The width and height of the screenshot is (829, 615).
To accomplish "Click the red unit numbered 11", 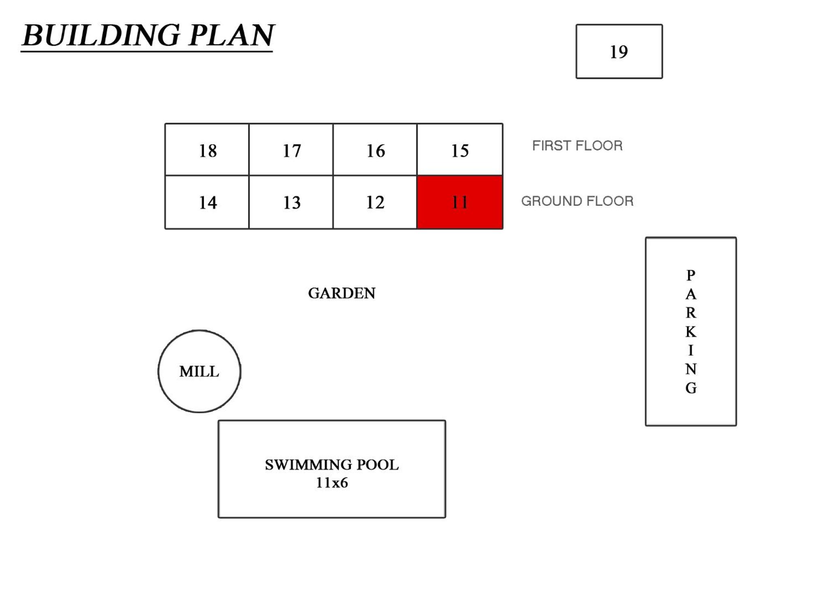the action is (x=460, y=202).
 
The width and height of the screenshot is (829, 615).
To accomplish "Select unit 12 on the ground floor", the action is (x=375, y=202).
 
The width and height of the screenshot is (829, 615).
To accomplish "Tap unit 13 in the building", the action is (x=291, y=202).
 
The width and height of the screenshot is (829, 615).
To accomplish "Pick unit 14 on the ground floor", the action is (x=207, y=202).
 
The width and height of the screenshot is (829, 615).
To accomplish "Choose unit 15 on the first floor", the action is (x=460, y=149).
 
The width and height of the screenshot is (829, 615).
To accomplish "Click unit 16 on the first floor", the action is (x=375, y=149).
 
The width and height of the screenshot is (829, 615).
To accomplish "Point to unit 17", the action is (x=291, y=149).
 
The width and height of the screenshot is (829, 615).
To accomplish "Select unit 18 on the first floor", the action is (x=207, y=149).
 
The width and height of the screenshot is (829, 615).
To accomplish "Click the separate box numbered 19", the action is (x=619, y=51).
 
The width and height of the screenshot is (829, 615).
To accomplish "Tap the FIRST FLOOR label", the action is (x=577, y=145).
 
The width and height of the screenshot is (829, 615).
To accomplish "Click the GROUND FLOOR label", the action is (x=577, y=201).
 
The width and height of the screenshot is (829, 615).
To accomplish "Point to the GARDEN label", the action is (x=342, y=293).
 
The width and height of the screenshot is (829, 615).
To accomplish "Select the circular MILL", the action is (x=199, y=371).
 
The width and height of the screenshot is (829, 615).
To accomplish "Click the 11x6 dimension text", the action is (x=332, y=483).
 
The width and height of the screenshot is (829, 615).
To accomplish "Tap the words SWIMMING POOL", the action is (x=332, y=464).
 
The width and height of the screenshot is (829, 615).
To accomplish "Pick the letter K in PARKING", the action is (x=691, y=332).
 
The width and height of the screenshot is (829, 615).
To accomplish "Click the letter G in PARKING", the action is (x=691, y=388).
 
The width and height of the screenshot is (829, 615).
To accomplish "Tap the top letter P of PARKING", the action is (x=691, y=275).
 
